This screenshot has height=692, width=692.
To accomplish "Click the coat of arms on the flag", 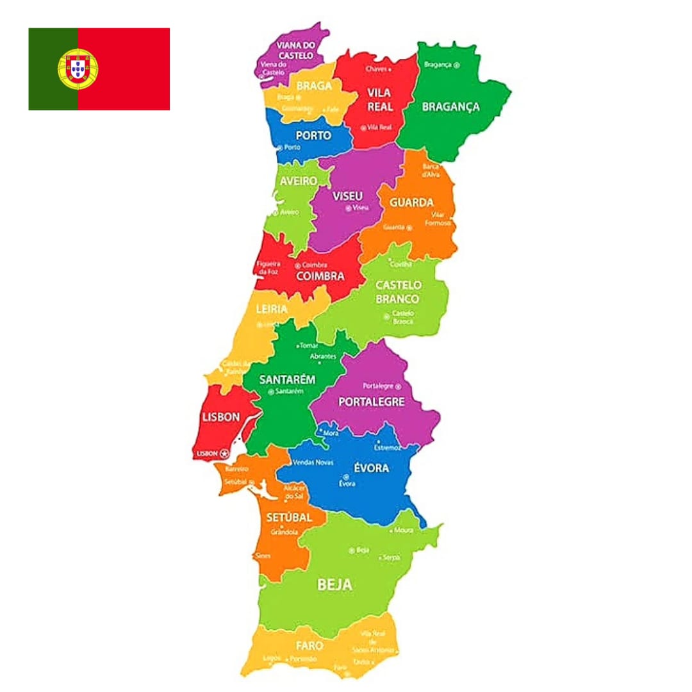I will click(78, 69).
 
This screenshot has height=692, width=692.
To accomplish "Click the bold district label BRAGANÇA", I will click(450, 107).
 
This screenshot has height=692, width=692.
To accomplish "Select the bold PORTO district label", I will click(313, 135).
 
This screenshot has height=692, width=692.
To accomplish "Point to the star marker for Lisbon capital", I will click(224, 453).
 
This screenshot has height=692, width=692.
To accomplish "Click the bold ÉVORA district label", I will click(371, 468).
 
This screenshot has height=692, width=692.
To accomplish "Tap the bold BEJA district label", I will click(335, 584).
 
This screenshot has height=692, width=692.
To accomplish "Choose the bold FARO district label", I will click(309, 645).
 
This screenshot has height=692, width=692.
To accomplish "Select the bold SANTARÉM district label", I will click(287, 379).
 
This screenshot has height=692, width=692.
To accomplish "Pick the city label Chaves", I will click(377, 68).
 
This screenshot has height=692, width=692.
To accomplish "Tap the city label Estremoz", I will click(388, 447).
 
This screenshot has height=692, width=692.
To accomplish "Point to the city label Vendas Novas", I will click(315, 462).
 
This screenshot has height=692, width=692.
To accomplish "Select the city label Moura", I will click(404, 531).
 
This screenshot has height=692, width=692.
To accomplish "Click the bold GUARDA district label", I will click(411, 202).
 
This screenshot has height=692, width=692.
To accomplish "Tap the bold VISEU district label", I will click(348, 195).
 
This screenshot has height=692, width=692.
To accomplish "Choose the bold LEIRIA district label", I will click(272, 309).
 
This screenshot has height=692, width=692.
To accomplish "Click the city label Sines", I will click(263, 556).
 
